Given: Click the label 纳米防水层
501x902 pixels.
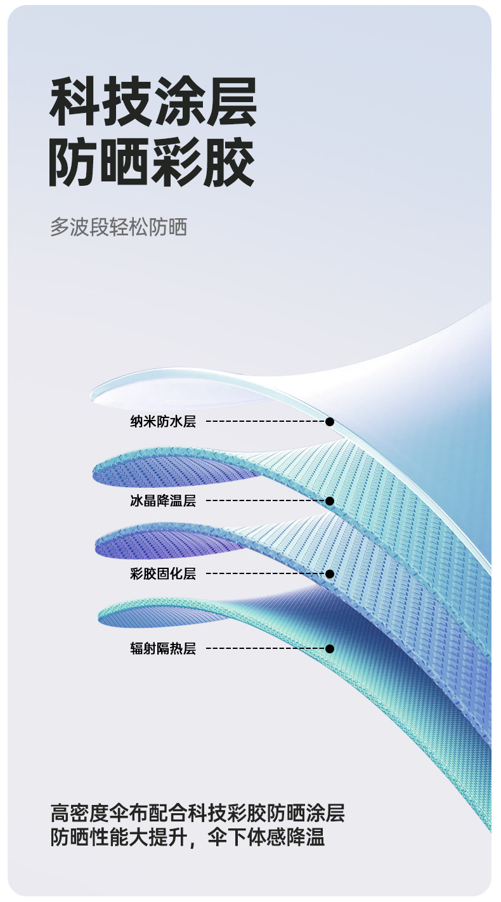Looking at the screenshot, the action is click(163, 421).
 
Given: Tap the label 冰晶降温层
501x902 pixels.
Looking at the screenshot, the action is click(163, 501).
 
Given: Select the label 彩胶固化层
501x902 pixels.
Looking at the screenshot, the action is click(163, 574).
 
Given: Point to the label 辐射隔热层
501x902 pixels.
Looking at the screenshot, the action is click(163, 648).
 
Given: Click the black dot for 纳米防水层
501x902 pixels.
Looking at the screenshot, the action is click(330, 421).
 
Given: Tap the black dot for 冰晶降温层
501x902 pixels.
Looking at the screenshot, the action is click(330, 501).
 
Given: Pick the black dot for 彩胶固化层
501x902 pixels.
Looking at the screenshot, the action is click(330, 574).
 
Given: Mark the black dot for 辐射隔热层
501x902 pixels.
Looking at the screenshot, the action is click(330, 648).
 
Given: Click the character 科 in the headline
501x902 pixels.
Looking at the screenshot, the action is click(75, 102).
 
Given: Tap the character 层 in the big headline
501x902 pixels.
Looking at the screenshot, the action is click(231, 102).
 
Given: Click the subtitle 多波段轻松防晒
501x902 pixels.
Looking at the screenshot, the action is click(119, 227).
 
